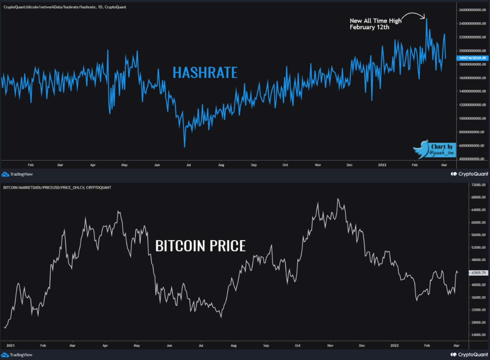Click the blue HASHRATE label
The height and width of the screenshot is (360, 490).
[205, 73]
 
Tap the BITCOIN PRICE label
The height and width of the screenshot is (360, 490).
[200, 246]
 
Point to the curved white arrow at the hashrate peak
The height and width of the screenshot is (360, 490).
[414, 15]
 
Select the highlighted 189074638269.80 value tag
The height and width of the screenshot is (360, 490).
[472, 58]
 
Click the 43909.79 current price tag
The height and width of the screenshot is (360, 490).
[478, 273]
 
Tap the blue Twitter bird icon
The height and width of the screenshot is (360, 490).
[421, 149]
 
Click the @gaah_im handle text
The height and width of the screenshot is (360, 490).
[441, 153]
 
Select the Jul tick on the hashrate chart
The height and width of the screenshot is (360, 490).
[188, 165]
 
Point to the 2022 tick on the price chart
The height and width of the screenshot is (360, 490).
[394, 345]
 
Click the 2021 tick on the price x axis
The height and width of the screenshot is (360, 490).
[11, 345]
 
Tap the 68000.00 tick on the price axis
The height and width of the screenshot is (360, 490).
[478, 197]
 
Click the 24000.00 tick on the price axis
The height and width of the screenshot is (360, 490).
[478, 335]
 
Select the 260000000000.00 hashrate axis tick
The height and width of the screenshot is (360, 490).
[472, 10]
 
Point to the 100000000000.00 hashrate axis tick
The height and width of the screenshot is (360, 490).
[472, 118]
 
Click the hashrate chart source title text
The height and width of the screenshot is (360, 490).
[65, 7]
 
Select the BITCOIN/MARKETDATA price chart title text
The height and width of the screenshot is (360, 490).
[57, 187]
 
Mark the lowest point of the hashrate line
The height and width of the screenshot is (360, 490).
[184, 147]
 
